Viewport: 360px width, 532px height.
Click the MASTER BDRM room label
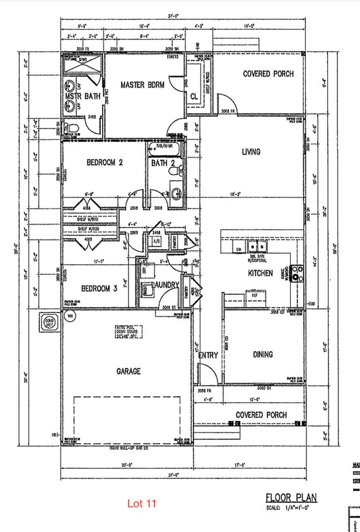[x=143, y=85]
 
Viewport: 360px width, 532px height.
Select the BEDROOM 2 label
[x=104, y=162]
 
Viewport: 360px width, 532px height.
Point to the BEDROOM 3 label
[x=99, y=289]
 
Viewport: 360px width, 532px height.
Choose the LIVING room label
[x=252, y=151]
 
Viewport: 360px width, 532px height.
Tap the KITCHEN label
[x=260, y=273]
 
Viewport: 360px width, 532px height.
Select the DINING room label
[x=263, y=354]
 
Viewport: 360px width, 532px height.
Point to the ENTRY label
[x=208, y=356]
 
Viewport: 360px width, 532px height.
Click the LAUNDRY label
[x=165, y=286]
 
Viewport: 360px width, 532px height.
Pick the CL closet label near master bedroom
[x=194, y=97]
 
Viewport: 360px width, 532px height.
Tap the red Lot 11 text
[x=141, y=504]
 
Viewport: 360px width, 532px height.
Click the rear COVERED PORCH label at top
[x=268, y=74]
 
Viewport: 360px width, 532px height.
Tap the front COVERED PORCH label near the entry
[x=261, y=415]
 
